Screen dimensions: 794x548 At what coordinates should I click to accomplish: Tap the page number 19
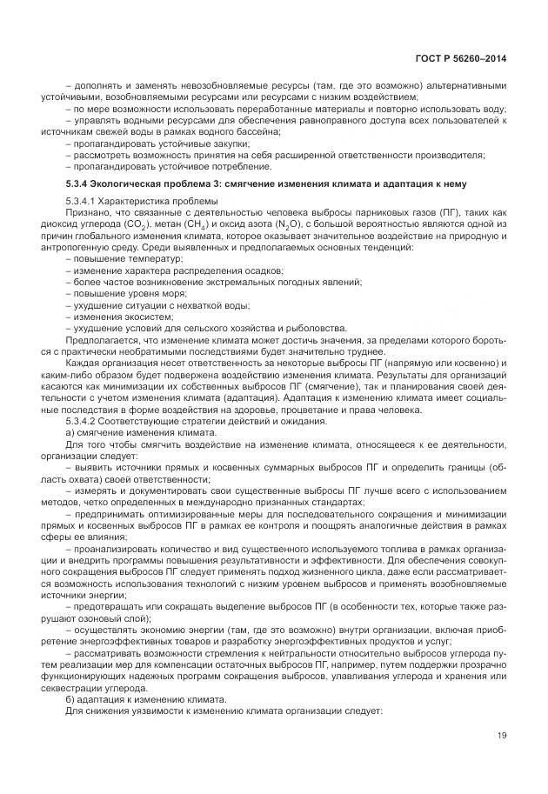(x=501, y=736)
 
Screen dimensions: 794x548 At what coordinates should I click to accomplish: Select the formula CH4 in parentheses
(x=193, y=225)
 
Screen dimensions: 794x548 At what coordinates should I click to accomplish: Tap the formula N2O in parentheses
(x=277, y=225)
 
